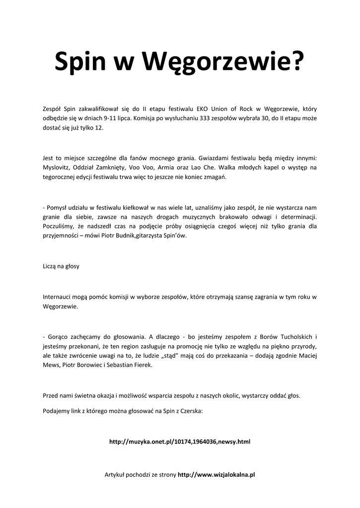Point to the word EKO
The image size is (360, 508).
202,109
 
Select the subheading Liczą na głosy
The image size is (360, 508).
61,266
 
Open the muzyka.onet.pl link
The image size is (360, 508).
179,442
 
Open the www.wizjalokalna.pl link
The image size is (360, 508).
216,475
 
